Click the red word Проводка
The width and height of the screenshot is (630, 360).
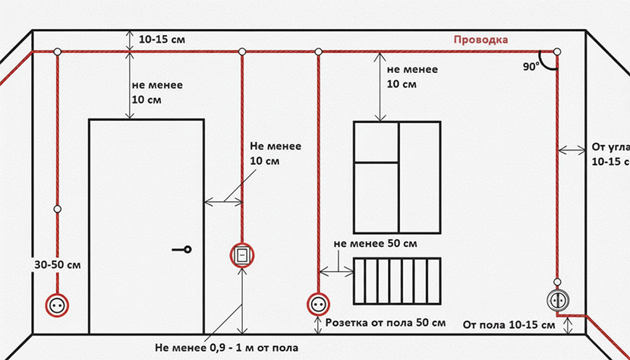tap(480, 39)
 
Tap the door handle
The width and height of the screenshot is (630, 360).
tap(183, 249)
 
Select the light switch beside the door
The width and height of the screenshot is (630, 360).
tap(241, 254)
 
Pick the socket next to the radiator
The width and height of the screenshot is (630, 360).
tap(317, 304)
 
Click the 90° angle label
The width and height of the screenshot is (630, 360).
tap(530, 66)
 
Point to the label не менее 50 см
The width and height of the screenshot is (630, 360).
tap(376, 242)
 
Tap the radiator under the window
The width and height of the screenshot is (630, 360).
tap(397, 282)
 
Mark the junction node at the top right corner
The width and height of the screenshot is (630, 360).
tap(557, 52)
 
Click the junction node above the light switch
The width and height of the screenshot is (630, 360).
tap(241, 52)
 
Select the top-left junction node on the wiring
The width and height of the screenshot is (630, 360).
tap(58, 52)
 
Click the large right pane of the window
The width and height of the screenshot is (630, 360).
tap(420, 176)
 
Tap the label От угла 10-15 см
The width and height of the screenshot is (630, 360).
tap(608, 154)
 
